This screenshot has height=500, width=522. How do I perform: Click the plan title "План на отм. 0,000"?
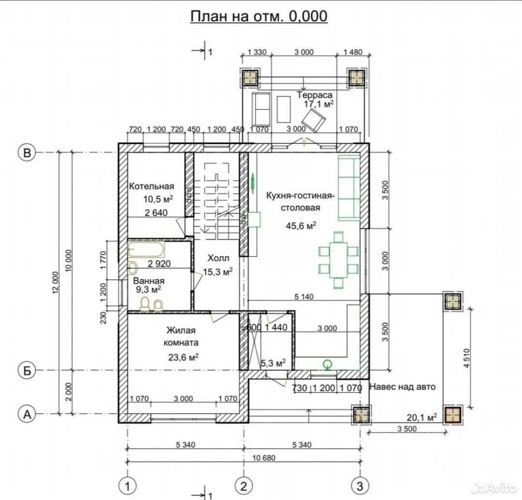click(x=259, y=16)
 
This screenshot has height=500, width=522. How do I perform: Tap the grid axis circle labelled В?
click(x=27, y=152)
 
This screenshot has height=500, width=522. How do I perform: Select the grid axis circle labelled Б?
click(x=27, y=370)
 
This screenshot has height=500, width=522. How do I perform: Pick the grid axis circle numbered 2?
click(x=244, y=486)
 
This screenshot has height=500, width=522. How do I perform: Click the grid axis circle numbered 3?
click(x=360, y=486)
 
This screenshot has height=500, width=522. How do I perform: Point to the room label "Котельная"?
click(x=151, y=186)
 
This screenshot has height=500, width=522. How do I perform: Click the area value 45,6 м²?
click(x=301, y=226)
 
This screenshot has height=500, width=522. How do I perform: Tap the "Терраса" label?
click(x=314, y=95)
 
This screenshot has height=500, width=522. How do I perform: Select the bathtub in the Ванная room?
click(x=146, y=249)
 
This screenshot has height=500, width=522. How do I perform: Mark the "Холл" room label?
click(x=218, y=258)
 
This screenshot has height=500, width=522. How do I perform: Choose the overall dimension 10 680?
click(x=264, y=458)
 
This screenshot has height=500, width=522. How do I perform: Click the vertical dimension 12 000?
click(x=55, y=283)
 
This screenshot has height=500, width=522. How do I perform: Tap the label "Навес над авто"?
click(x=403, y=387)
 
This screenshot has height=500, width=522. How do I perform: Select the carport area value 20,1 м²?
click(x=422, y=417)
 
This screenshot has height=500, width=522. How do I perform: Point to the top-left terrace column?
click(x=250, y=78)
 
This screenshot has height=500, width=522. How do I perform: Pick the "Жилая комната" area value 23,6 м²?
click(x=183, y=357)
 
